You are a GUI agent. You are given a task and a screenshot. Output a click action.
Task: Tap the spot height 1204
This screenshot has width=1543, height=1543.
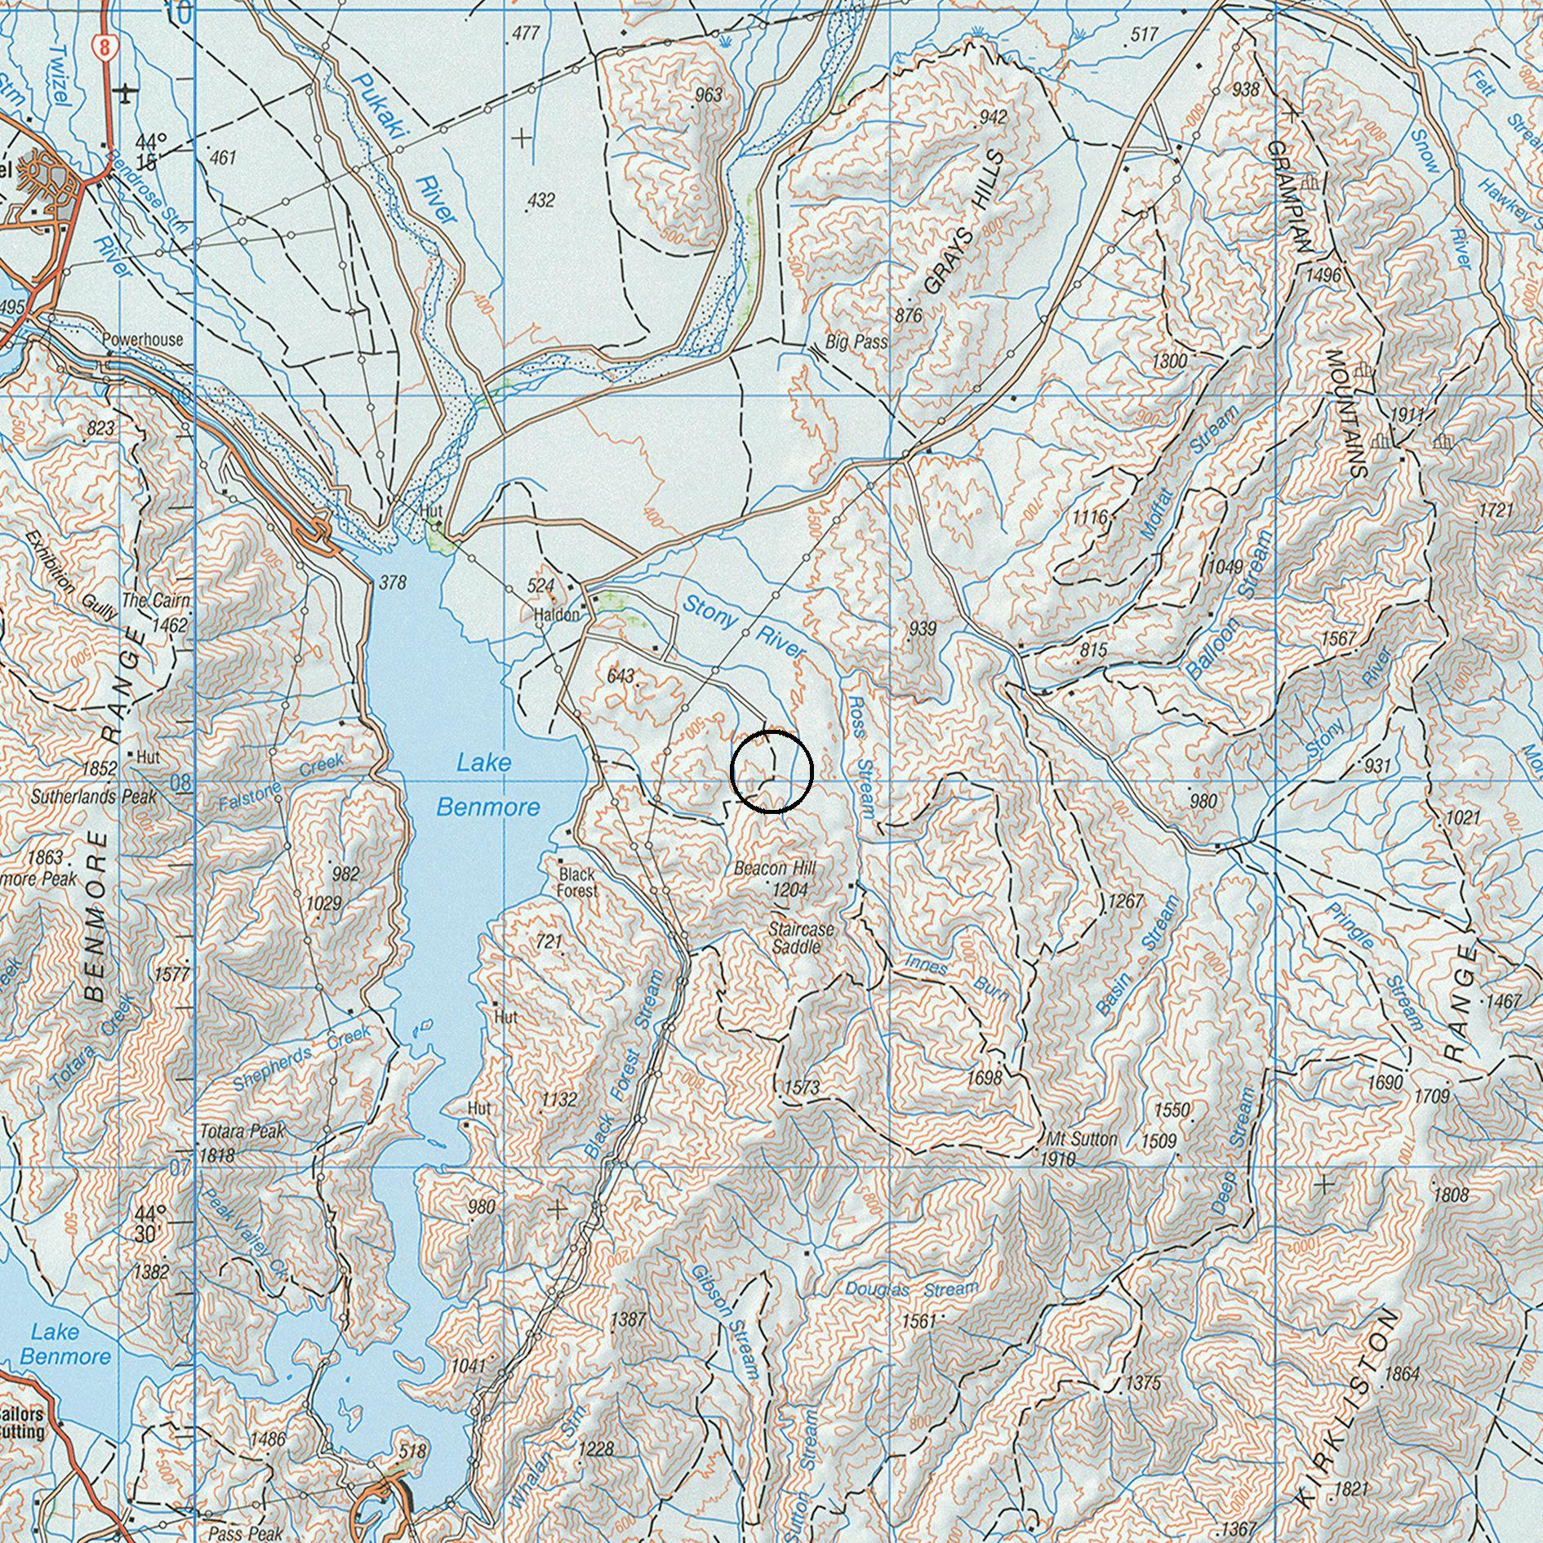click(x=789, y=890)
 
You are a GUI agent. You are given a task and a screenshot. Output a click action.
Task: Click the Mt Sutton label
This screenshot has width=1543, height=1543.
click(x=1081, y=1139)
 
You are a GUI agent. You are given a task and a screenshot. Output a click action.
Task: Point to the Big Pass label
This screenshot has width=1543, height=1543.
click(x=856, y=342)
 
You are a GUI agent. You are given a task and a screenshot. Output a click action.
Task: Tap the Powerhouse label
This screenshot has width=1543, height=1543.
click(x=143, y=340)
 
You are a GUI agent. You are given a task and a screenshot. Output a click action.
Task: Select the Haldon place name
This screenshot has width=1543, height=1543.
click(x=557, y=615)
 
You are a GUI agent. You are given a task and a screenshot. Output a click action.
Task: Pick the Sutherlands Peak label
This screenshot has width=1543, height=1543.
click(x=93, y=796)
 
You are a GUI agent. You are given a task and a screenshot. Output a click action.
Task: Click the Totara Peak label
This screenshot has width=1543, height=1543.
click(x=242, y=1132)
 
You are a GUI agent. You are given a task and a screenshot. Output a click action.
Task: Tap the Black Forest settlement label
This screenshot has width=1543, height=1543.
click(x=577, y=883)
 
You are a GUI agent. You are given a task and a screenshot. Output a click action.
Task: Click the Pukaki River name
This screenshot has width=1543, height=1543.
click(x=406, y=147)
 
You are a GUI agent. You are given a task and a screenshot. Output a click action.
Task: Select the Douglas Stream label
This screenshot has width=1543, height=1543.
click(x=910, y=1291)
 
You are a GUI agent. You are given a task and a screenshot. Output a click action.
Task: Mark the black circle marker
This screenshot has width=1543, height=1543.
click(x=771, y=772)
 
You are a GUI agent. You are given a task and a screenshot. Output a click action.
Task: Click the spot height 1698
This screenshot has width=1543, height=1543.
click(x=983, y=1078)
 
